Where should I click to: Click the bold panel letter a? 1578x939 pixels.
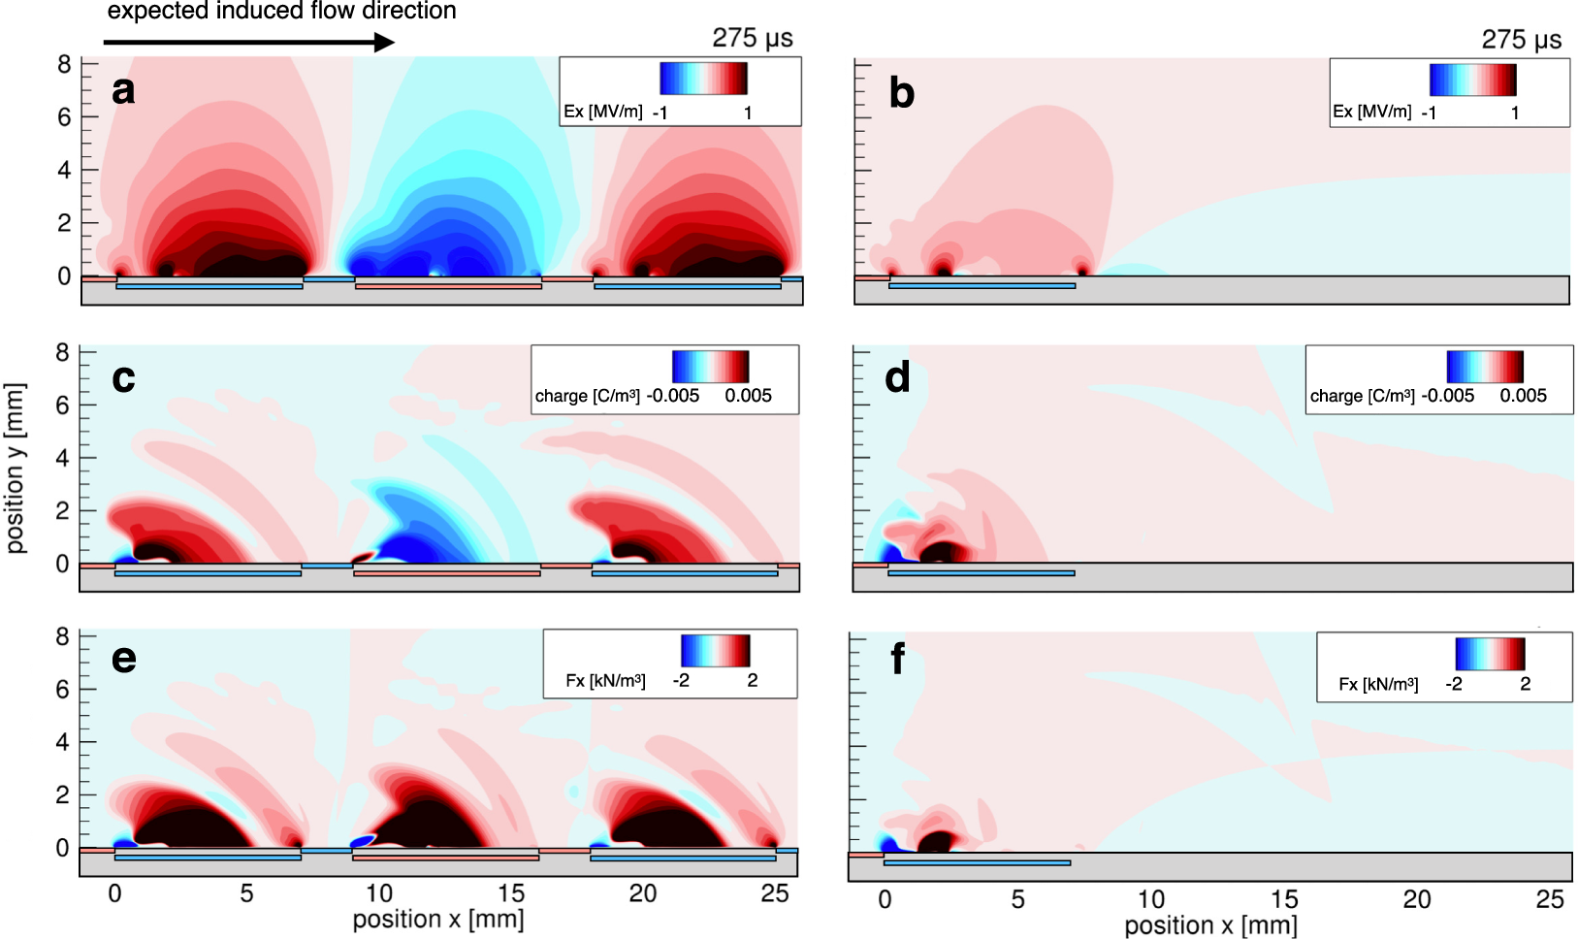coord(123,90)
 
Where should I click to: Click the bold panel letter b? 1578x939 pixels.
coord(901,93)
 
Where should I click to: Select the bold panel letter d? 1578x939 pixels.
coord(897,377)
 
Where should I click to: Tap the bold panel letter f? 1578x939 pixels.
coord(897,660)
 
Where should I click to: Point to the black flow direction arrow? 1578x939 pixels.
coord(248,42)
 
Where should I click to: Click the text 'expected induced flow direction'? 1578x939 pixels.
coord(281,12)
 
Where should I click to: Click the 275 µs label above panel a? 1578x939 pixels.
coord(752,38)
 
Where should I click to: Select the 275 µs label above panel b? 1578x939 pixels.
coord(1521,40)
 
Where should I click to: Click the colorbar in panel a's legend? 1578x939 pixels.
coord(703,79)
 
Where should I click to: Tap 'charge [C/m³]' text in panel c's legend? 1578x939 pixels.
coord(588,396)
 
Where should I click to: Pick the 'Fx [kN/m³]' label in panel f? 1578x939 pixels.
coord(1378,685)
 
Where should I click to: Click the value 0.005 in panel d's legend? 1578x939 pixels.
coord(1523,396)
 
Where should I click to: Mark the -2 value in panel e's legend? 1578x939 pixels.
coord(681,681)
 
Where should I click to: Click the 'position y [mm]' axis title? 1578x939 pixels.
coord(16,468)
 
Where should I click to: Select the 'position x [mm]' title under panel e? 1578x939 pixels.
coord(437,919)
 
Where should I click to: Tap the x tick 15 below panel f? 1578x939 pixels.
coord(1283,900)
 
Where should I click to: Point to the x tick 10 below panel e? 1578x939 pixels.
coord(378,893)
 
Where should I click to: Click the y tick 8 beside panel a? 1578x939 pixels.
coord(64,64)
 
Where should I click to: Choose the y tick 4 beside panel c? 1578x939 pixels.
coord(63,458)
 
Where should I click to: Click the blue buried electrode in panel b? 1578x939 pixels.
coord(982,286)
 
